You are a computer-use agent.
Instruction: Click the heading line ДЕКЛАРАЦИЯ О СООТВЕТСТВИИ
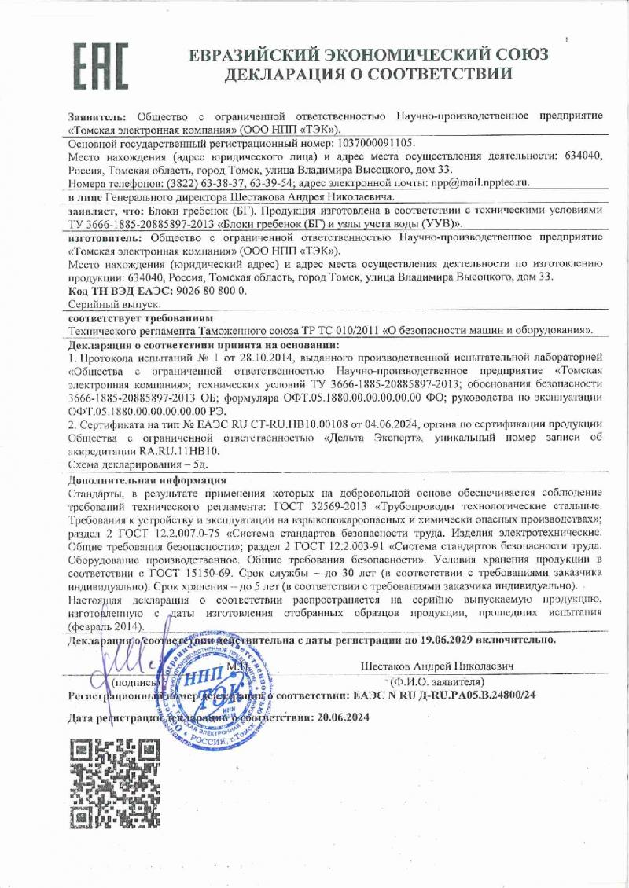click(x=368, y=75)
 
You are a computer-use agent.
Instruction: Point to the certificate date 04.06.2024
click(x=406, y=425)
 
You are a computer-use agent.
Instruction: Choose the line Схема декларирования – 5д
click(x=134, y=465)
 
